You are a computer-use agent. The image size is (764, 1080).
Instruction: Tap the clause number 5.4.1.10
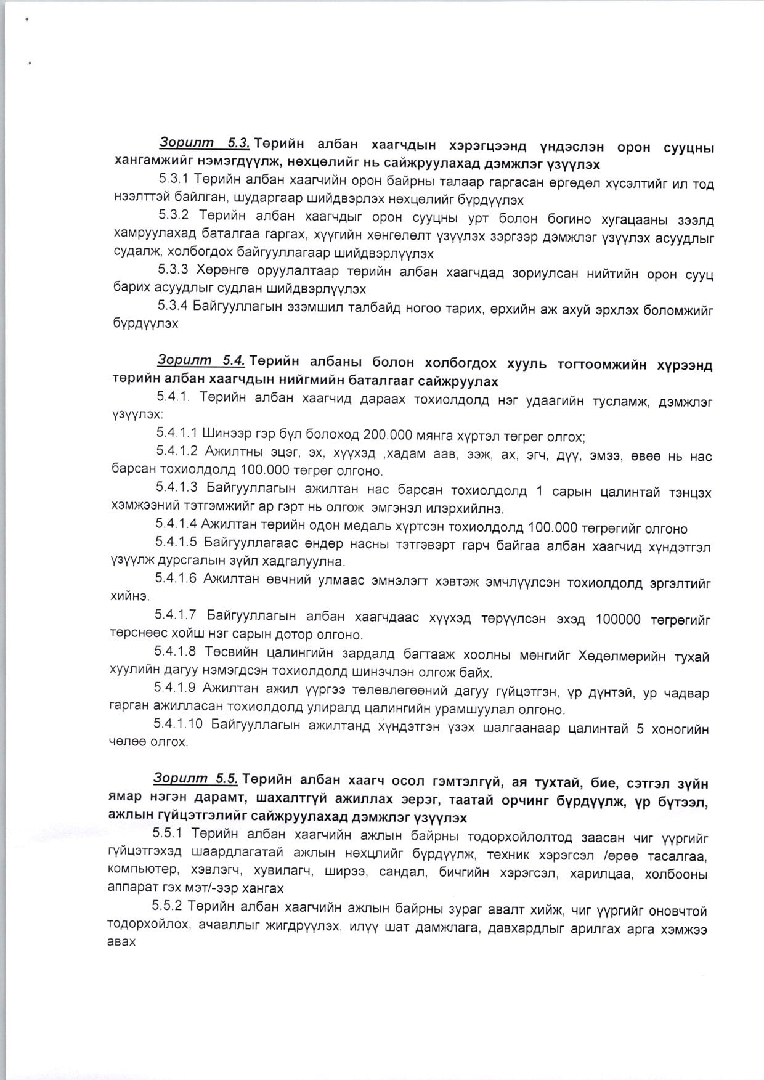point(179,725)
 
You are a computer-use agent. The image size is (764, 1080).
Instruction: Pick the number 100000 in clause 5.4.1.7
point(618,619)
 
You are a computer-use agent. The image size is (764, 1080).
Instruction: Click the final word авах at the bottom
point(120,943)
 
